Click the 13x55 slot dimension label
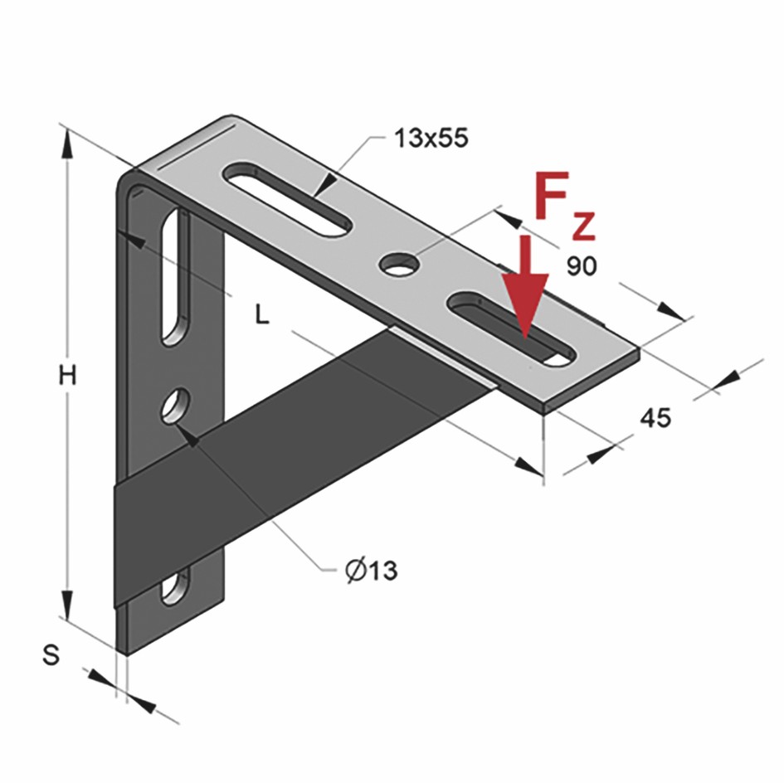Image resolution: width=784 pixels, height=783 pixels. pos(431,139)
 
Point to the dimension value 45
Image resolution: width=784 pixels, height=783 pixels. pos(655,418)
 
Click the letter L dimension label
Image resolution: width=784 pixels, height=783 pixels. pos(261,315)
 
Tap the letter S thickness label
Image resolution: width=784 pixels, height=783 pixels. pos(51,655)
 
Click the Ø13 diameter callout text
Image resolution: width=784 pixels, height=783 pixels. pos(370,570)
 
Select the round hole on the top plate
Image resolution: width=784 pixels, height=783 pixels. pos(400,264)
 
